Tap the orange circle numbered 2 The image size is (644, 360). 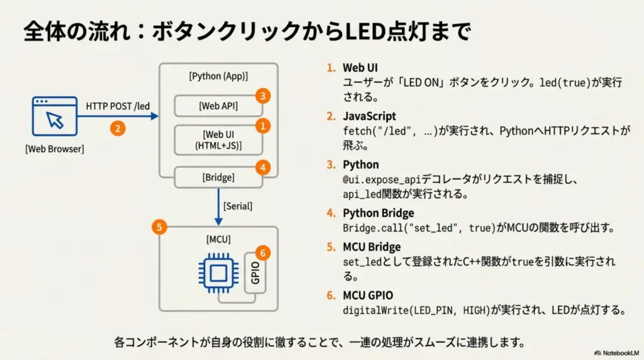tap(117, 128)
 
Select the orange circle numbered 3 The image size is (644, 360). tap(263, 96)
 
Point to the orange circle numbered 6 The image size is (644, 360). tap(263, 253)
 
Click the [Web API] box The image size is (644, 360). tap(218, 106)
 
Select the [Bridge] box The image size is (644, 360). tap(218, 177)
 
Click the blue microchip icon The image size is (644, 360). tap(218, 273)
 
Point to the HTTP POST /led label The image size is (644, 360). tap(118, 106)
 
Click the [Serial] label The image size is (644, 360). tap(239, 206)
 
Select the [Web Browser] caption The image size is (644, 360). tap(55, 149)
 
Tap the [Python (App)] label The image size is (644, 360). tap(218, 76)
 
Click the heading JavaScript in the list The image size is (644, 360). tap(369, 116)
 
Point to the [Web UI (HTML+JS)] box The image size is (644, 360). tap(218, 140)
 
